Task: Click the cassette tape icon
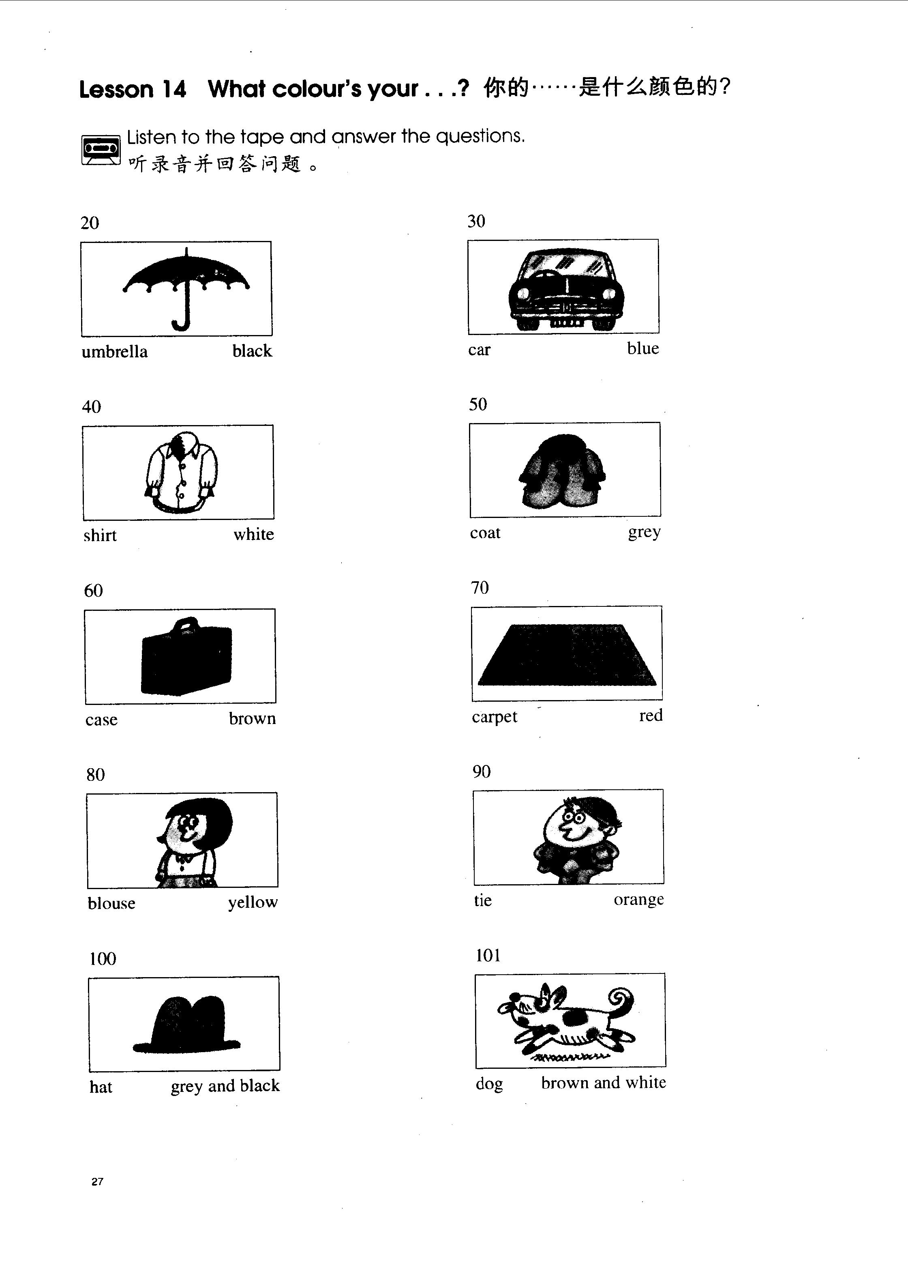pyautogui.click(x=101, y=149)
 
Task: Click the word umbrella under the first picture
pyautogui.click(x=115, y=352)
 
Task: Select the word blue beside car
pyautogui.click(x=643, y=348)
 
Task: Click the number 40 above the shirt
pyautogui.click(x=92, y=407)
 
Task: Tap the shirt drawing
pyautogui.click(x=181, y=472)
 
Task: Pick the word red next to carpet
pyautogui.click(x=651, y=715)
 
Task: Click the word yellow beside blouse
pyautogui.click(x=253, y=902)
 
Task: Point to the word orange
pyautogui.click(x=638, y=900)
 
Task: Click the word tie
pyautogui.click(x=482, y=900)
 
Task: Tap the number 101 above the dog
pyautogui.click(x=488, y=955)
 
